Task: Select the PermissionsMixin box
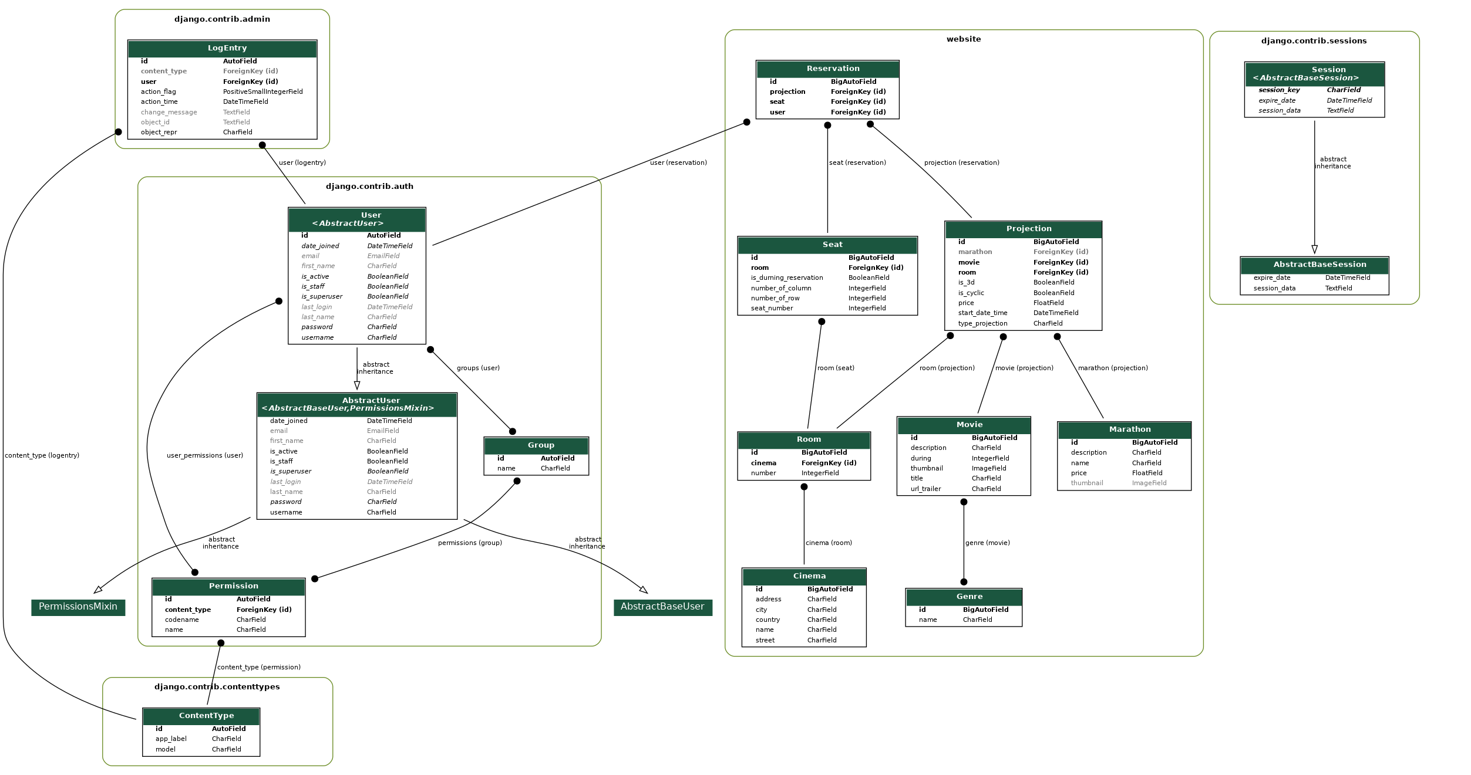pyautogui.click(x=78, y=607)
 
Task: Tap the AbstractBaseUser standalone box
pyautogui.click(x=662, y=607)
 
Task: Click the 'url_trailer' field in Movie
pyautogui.click(x=925, y=489)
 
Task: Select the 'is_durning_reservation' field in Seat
pyautogui.click(x=787, y=277)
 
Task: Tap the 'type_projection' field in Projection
pyautogui.click(x=982, y=323)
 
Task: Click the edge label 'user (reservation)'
pyautogui.click(x=678, y=163)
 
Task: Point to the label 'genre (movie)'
pyautogui.click(x=987, y=543)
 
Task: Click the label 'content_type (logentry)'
pyautogui.click(x=42, y=455)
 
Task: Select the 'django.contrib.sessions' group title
pyautogui.click(x=1314, y=41)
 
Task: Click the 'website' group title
pyautogui.click(x=964, y=39)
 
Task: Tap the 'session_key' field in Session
pyautogui.click(x=1279, y=90)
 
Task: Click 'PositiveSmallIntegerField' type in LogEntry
pyautogui.click(x=262, y=92)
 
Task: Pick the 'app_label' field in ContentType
pyautogui.click(x=171, y=739)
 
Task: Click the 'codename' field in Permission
pyautogui.click(x=181, y=620)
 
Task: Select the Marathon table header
pyautogui.click(x=1130, y=429)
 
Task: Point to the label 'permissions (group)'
pyautogui.click(x=470, y=543)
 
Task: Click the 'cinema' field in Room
pyautogui.click(x=763, y=463)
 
